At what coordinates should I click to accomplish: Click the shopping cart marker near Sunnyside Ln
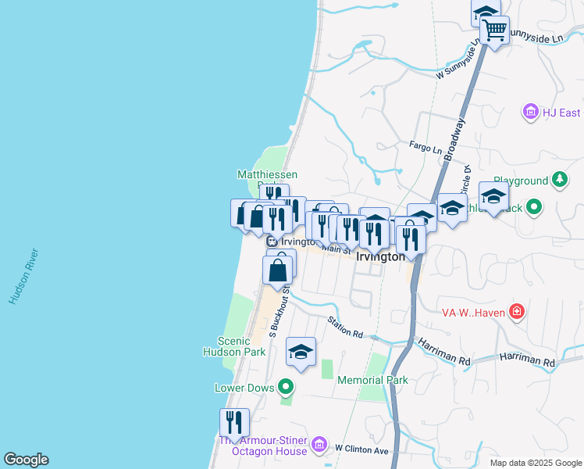[494, 31]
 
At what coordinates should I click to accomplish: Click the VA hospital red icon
[516, 313]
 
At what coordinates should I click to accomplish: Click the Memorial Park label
[372, 381]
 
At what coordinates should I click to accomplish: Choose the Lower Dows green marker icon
[287, 387]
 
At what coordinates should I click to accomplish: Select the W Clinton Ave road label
[361, 450]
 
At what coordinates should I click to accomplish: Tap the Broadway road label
[454, 140]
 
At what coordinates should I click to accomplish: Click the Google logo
[26, 460]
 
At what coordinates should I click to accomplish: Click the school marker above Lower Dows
[301, 351]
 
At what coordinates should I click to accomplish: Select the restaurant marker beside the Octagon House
[234, 422]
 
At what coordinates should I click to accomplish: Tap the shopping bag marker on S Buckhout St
[279, 270]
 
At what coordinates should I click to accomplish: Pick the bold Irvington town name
[380, 256]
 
